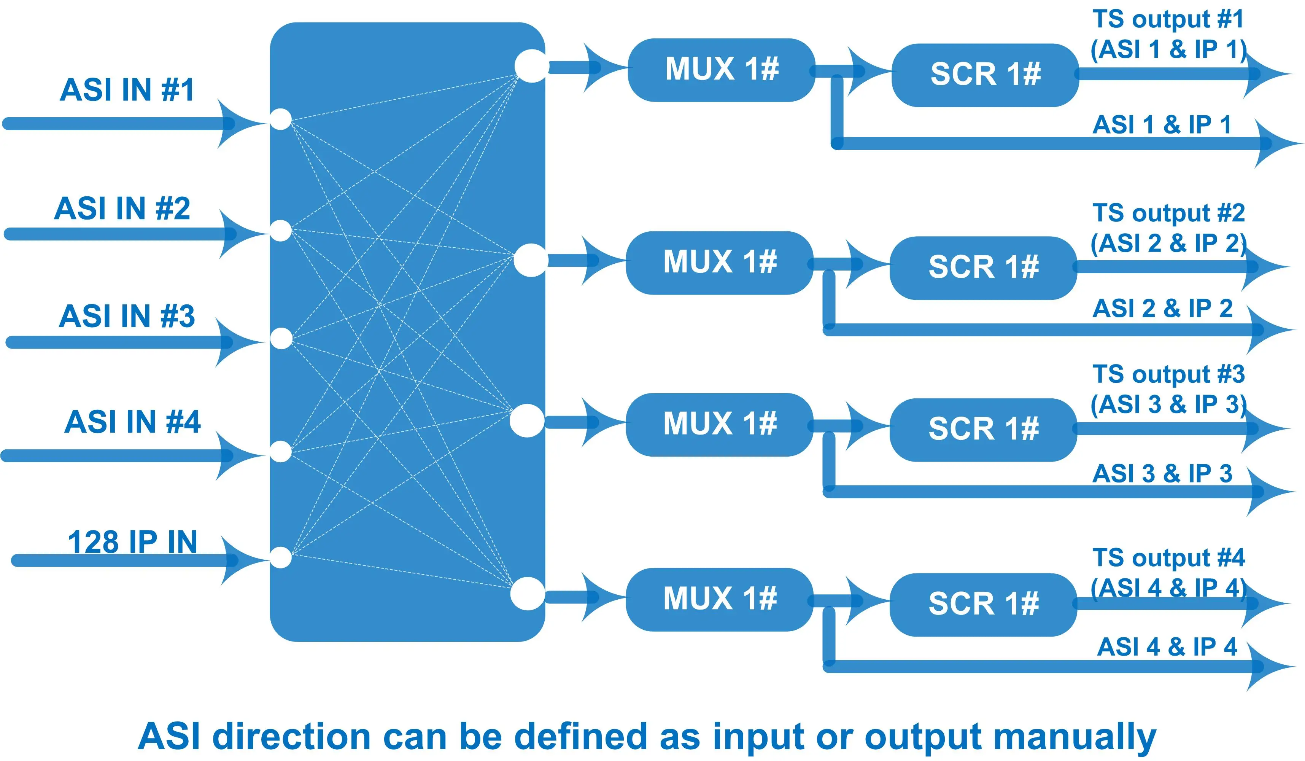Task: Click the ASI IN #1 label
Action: [x=127, y=90]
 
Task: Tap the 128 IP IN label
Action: [x=133, y=542]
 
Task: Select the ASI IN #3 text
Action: [x=127, y=316]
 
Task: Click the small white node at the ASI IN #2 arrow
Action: [x=281, y=231]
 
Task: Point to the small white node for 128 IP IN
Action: [x=281, y=557]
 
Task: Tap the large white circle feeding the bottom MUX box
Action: [x=527, y=593]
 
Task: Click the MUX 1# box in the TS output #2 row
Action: [x=720, y=262]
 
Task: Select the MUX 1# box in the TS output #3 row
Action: [x=720, y=424]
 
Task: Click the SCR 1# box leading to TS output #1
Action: [x=986, y=75]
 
